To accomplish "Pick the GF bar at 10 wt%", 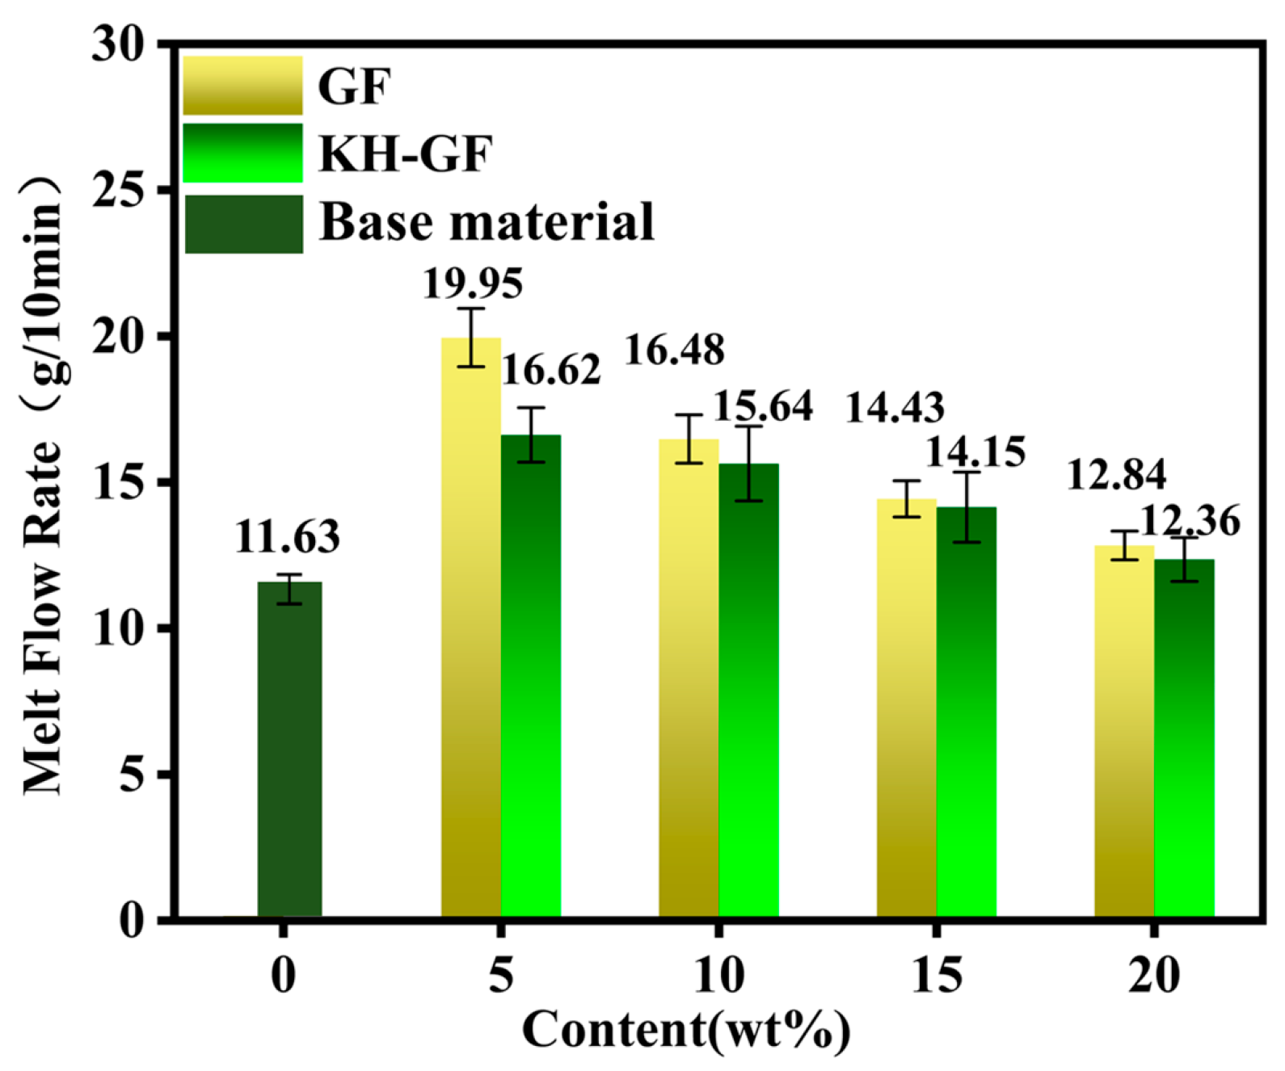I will click(689, 678).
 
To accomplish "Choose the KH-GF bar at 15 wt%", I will click(967, 712).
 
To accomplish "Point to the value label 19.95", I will click(474, 283).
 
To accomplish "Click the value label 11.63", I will click(288, 538).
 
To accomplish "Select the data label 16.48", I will click(675, 349).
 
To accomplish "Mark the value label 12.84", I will click(1117, 475).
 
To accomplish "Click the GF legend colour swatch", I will click(242, 86).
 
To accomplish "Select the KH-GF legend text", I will click(406, 153).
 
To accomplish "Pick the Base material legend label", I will click(487, 221).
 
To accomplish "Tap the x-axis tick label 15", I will click(936, 977).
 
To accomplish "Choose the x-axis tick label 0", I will click(283, 977).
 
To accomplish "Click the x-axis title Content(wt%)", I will click(686, 1031).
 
